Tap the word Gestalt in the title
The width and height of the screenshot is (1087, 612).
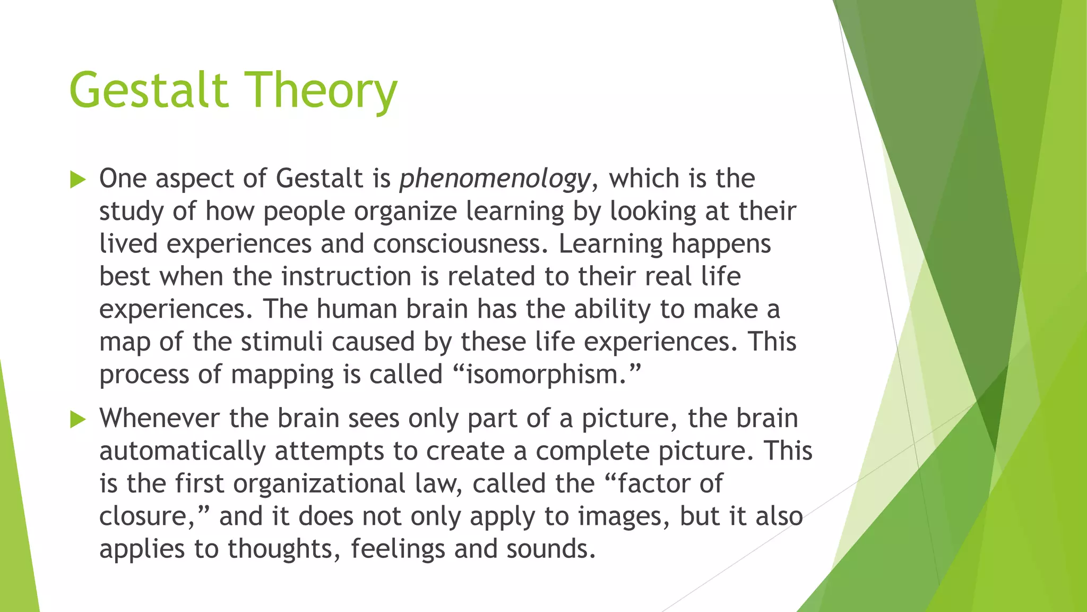click(x=149, y=90)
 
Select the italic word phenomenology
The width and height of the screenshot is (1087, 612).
click(x=494, y=179)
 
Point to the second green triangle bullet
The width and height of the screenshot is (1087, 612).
click(x=77, y=420)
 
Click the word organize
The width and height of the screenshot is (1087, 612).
click(x=406, y=211)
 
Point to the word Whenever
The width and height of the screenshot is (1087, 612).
click(x=159, y=419)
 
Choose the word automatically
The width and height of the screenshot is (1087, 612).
click(x=182, y=452)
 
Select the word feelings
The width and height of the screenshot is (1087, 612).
click(x=398, y=549)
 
